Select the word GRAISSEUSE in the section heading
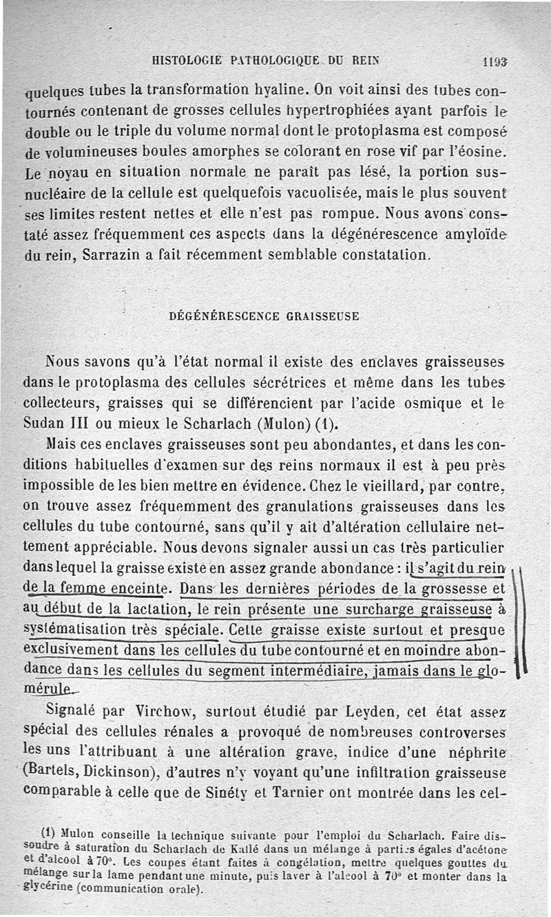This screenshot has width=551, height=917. tap(322, 316)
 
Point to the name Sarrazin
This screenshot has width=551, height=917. tap(112, 254)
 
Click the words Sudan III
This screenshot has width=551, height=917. tap(58, 422)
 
